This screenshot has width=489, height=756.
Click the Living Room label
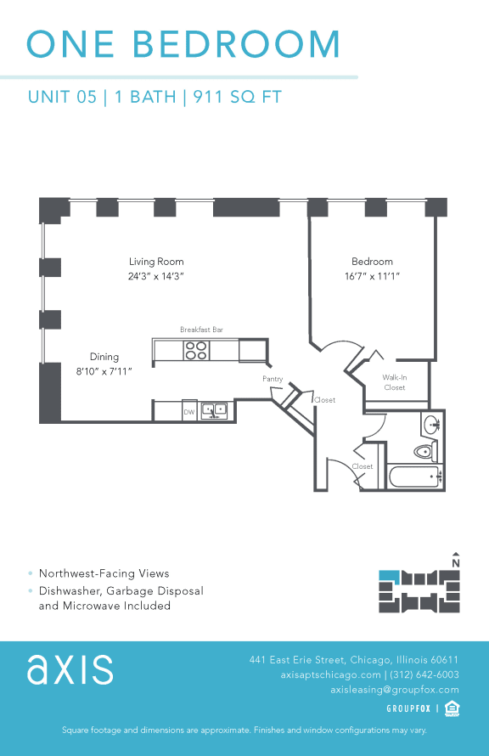coord(156,262)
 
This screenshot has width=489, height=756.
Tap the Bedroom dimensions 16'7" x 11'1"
coord(372,276)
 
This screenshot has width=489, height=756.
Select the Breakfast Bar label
coord(201,329)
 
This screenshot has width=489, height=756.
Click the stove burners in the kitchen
coord(196,350)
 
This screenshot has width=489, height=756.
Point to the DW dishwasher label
coord(188,412)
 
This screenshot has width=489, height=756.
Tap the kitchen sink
coord(213,411)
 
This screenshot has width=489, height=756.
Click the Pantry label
coord(273,379)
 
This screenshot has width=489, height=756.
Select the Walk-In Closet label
coord(394,382)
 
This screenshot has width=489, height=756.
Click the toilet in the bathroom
coord(424,451)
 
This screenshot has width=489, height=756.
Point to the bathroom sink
coord(430,424)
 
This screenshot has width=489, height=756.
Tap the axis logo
coord(70,669)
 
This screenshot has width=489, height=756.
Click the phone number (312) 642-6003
coord(424,674)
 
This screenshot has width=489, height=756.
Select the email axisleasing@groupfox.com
coord(394,690)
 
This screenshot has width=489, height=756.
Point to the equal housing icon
coord(452,708)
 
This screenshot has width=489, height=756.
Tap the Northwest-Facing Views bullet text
coord(104,573)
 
